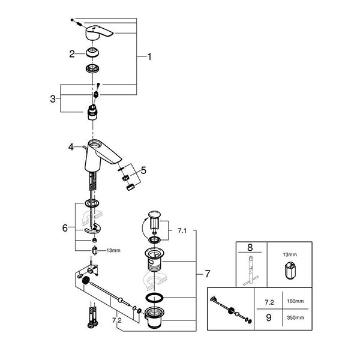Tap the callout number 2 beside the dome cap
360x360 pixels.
pyautogui.click(x=71, y=54)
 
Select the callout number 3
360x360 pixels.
pyautogui.click(x=53, y=98)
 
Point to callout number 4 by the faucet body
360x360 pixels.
pyautogui.click(x=71, y=146)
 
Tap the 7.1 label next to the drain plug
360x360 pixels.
pyautogui.click(x=183, y=230)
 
